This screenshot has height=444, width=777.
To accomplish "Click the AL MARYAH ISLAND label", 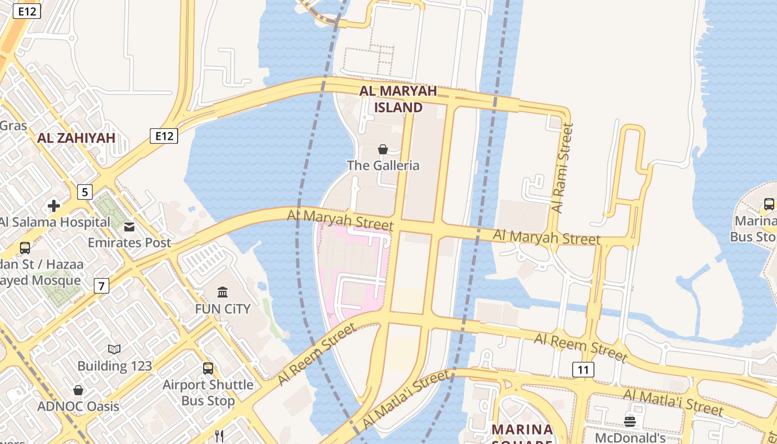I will [398, 99].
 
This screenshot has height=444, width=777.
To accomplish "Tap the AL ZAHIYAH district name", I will [77, 138].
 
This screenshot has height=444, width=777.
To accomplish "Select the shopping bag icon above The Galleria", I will [383, 149].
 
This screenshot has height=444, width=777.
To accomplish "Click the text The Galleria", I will [383, 165].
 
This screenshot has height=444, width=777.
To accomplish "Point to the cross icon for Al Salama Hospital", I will [54, 206].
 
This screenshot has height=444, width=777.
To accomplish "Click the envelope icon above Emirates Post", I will [129, 226].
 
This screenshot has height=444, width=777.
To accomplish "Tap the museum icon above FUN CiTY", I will [223, 292].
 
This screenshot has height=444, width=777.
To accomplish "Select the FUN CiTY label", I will [223, 309].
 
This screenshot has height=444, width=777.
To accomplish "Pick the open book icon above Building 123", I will [114, 349].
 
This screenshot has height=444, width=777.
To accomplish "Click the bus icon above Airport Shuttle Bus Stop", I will [208, 368].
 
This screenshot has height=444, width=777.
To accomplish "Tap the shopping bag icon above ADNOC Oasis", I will [78, 390].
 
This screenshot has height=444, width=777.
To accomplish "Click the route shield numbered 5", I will [84, 193].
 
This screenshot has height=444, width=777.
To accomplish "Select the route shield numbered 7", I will [101, 286].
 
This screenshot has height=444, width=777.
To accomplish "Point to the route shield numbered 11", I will [583, 370].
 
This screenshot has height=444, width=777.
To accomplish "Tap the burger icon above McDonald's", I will [629, 421].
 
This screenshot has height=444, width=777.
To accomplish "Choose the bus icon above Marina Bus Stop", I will [769, 204].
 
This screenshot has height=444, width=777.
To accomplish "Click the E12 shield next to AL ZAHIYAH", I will [163, 135].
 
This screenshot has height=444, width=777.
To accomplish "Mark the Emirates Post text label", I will [129, 243].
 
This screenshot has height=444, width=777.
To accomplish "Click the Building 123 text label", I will [114, 366].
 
